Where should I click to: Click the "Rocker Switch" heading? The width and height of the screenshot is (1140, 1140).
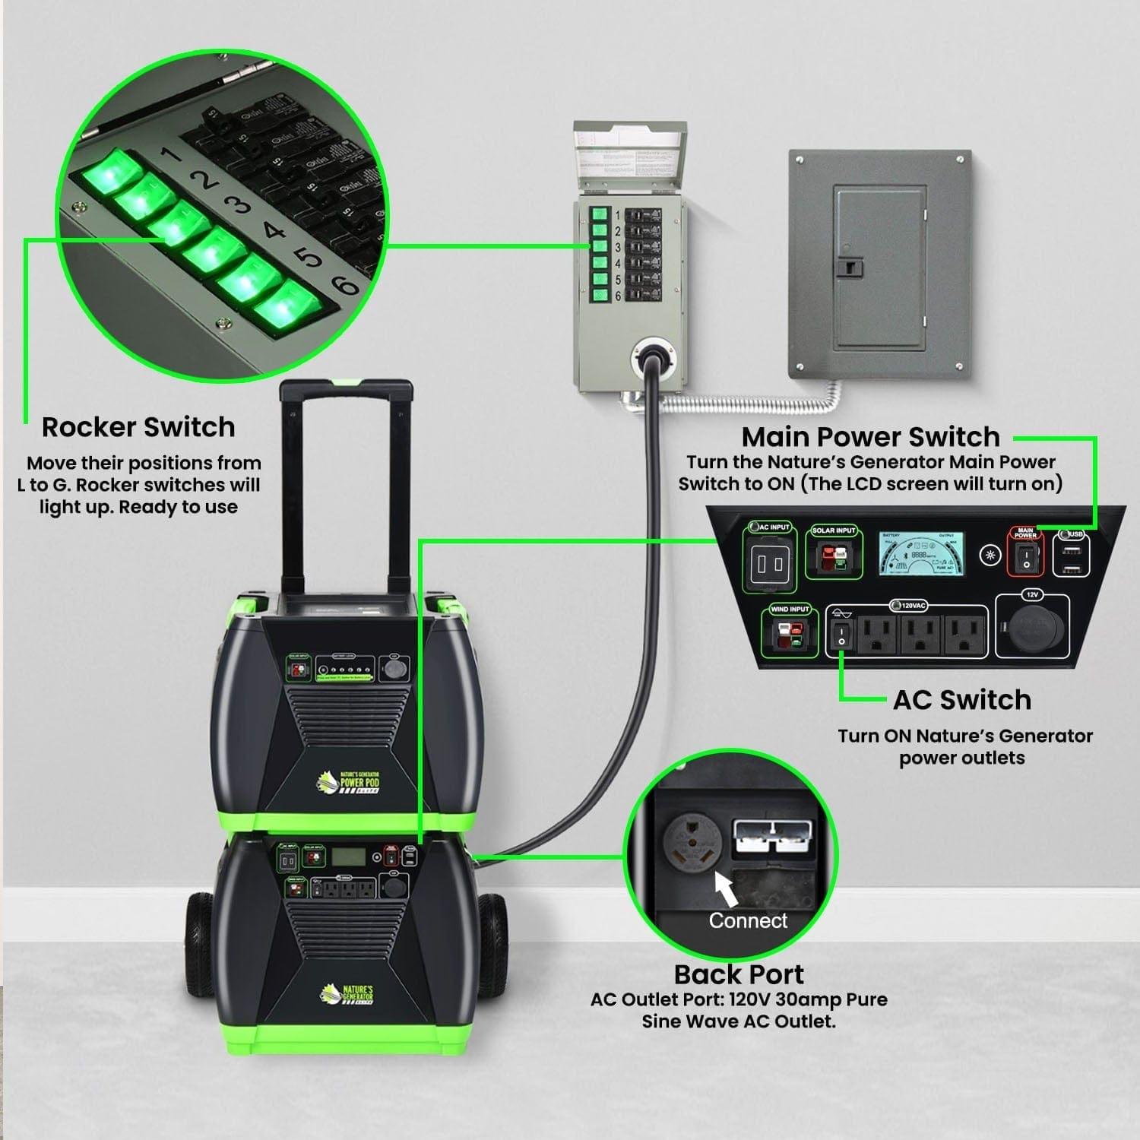coord(138,427)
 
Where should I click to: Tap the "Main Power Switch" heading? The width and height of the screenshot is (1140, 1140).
coord(870,437)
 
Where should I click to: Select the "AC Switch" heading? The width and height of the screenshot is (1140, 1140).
coord(962,700)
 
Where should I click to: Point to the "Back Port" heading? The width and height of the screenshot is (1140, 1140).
coord(739,974)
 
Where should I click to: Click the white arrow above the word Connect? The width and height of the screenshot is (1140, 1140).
coord(727,888)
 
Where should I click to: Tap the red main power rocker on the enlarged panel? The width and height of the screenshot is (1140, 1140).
coord(1025,559)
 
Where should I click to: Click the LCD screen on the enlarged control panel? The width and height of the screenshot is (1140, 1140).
coord(922,553)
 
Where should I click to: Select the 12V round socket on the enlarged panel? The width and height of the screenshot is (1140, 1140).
coord(1031,629)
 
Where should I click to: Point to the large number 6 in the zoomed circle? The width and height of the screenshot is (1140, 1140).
coord(346,285)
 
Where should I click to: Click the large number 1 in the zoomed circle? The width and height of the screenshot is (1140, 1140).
coord(172,155)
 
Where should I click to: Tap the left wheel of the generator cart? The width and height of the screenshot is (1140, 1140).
coord(200,945)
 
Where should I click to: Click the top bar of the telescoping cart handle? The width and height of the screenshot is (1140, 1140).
coord(347,390)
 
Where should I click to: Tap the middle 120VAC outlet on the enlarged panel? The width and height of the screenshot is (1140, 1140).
coord(920,634)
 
